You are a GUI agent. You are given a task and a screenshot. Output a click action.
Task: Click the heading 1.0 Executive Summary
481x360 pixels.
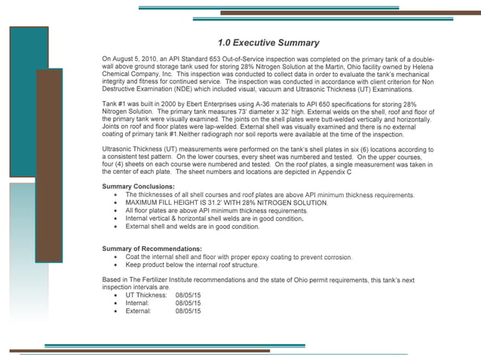click(268, 43)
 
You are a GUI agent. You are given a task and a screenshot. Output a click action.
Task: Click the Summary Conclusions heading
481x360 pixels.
click(138, 186)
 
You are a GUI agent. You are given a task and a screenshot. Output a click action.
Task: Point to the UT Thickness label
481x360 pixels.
click(148, 294)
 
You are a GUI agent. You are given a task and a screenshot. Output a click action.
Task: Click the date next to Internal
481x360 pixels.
click(188, 302)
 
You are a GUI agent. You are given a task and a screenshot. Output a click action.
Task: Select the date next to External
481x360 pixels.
click(188, 310)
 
